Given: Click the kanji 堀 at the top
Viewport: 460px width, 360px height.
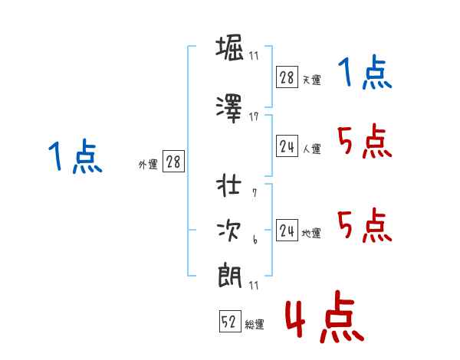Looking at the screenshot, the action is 230,47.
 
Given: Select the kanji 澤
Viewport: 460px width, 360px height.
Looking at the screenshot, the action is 229,109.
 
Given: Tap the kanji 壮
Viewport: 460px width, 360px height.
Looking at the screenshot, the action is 228,185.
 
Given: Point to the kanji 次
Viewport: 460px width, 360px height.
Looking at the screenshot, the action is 229,231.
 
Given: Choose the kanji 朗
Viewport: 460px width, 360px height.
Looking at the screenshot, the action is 229,276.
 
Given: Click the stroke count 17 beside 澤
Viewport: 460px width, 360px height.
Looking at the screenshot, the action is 254,117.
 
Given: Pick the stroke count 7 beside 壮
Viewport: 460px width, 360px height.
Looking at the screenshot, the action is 255,193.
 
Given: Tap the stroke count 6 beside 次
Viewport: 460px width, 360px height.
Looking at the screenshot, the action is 255,240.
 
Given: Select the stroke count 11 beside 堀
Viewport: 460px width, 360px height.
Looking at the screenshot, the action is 254,56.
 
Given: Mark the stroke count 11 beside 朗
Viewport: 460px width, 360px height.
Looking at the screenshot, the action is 254,285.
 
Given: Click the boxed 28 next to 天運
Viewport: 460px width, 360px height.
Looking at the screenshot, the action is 287,77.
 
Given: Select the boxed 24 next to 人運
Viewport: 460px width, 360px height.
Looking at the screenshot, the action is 287,146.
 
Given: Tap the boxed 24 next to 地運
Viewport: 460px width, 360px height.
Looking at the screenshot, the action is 287,230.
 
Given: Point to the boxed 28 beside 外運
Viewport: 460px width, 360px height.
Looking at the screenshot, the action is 173,162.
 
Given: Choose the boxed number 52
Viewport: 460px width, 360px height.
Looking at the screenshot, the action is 230,321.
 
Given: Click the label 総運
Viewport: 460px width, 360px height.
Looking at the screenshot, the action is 255,325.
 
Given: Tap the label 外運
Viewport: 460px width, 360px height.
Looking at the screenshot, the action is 148,165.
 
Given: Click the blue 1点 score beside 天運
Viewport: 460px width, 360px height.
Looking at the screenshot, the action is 365,72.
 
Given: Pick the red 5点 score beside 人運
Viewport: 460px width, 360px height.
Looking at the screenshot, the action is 365,141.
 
